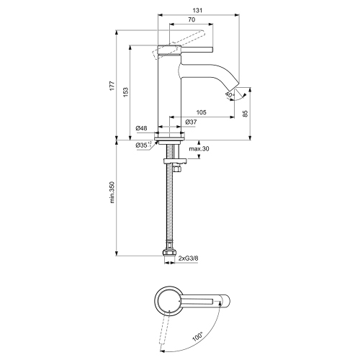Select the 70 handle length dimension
[x=191, y=22]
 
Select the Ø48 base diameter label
[x=141, y=129]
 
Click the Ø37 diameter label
[x=191, y=122]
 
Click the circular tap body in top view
[x=171, y=301]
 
